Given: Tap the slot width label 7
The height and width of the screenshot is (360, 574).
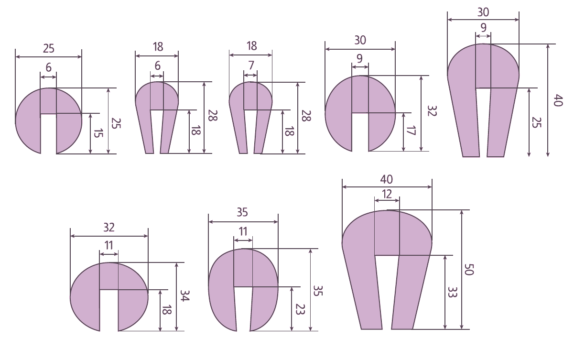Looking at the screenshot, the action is click(251, 65).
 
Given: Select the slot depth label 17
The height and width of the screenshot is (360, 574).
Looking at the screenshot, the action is click(410, 131).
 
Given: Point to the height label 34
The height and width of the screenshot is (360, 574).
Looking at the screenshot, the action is click(184, 295).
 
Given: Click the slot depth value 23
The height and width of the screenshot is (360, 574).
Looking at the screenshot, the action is click(300, 309).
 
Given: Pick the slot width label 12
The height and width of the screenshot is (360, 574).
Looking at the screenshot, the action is click(387, 194).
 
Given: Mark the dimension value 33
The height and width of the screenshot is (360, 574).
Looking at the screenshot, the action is click(452, 292).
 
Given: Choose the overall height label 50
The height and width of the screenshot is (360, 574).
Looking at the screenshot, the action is click(469, 270).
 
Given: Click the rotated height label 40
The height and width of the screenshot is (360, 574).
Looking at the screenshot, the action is click(558, 100).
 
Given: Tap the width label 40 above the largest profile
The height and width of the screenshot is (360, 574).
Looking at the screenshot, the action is click(387, 179).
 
